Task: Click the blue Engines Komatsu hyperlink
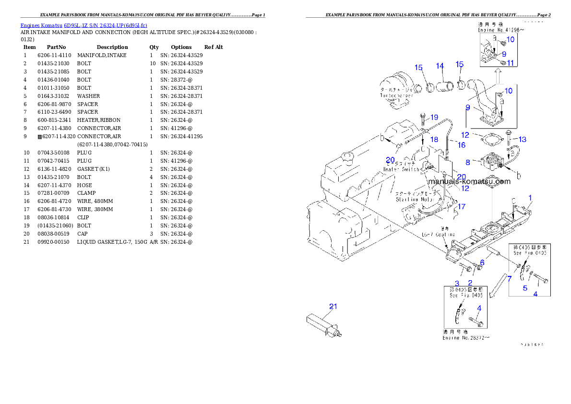(x=83, y=25)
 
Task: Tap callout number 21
(x=333, y=306)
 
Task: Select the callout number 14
(x=440, y=66)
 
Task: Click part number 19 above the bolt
(x=434, y=117)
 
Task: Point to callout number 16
(x=461, y=144)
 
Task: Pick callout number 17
(x=461, y=207)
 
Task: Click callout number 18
(x=434, y=139)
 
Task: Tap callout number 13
(x=522, y=139)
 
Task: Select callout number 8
(x=467, y=163)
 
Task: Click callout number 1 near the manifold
(x=530, y=197)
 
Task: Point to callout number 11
(x=510, y=63)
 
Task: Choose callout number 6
(x=482, y=262)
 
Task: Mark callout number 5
(x=525, y=288)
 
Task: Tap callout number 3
(x=457, y=283)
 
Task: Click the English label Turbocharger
(x=396, y=95)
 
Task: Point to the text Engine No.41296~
(x=498, y=30)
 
